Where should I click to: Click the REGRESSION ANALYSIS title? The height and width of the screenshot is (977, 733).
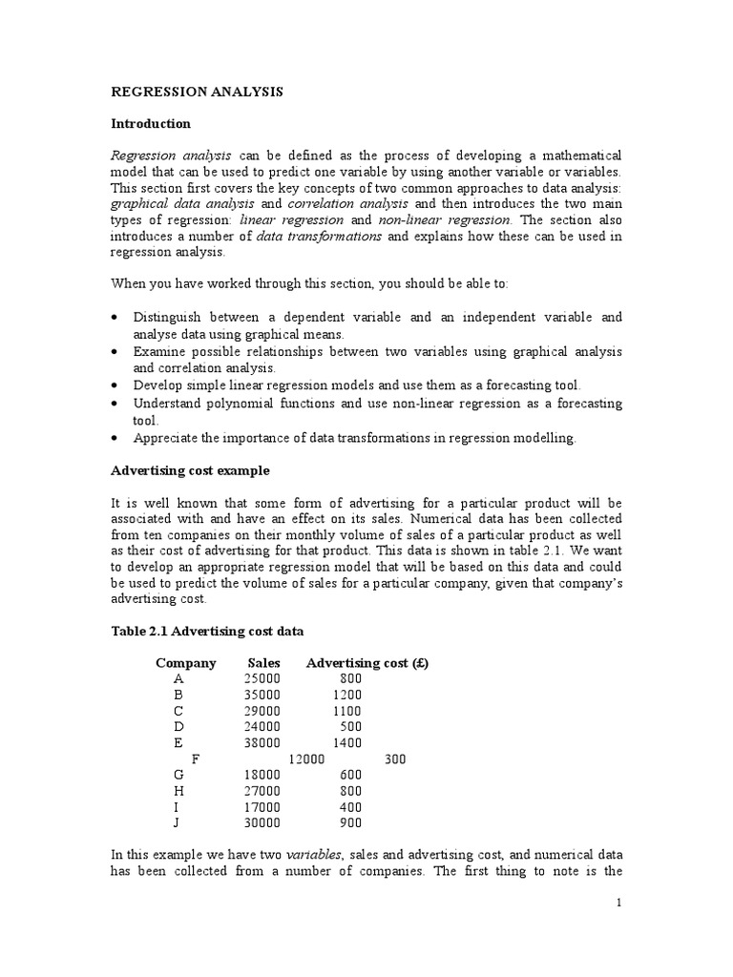198,93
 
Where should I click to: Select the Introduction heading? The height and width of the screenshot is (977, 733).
151,124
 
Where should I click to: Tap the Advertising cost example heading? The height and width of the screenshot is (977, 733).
191,470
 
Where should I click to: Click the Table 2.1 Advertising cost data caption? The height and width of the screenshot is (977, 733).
209,632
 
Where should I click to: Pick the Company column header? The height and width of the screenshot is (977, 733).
186,663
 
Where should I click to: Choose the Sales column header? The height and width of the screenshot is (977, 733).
263,663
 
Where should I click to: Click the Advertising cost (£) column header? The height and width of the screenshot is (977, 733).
367,663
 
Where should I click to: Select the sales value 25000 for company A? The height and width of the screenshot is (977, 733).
262,678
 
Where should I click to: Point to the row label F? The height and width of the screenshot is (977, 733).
197,759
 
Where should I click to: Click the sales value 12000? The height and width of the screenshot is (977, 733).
307,759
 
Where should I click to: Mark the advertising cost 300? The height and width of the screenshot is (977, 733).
395,759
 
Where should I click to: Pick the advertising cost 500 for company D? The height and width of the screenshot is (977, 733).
350,726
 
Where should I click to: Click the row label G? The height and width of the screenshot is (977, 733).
178,775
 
